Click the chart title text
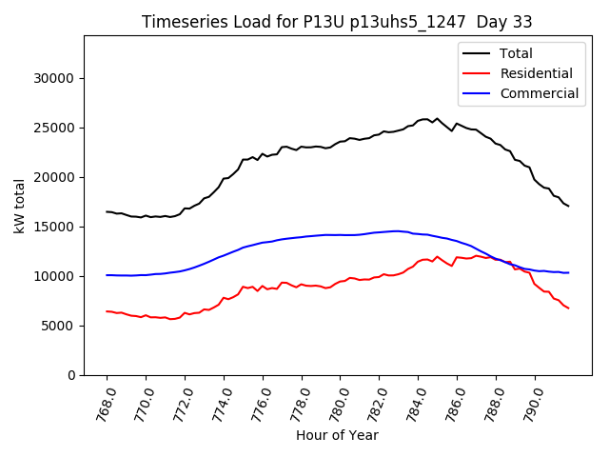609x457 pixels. [x=337, y=22]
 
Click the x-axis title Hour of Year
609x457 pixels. [x=337, y=435]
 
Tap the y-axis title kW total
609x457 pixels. [x=20, y=206]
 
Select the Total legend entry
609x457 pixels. [x=517, y=53]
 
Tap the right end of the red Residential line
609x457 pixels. [x=568, y=308]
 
